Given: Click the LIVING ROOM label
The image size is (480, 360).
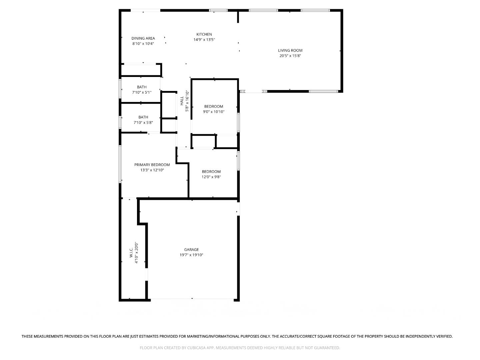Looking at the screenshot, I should tap(290, 51).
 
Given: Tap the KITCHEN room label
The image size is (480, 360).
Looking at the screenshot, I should tap(204, 34).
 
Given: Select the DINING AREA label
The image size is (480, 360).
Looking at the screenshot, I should tap(143, 38).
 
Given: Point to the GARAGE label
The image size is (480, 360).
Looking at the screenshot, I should tap(191, 250).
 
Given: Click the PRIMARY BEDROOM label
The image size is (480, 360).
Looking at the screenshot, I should tap(152, 165).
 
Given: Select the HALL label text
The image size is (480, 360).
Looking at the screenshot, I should tap(182, 101).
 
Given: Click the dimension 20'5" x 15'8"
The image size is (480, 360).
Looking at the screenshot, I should tap(290, 56).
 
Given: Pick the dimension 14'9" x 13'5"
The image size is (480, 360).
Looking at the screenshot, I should tap(204, 40).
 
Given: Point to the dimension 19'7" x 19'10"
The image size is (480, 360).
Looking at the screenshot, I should tap(191, 255).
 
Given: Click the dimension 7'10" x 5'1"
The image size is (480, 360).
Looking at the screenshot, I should tap(142, 92).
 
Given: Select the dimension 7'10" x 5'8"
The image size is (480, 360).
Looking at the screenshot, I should tap(143, 122).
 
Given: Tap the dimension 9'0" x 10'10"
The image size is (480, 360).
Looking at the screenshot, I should tap(214, 112).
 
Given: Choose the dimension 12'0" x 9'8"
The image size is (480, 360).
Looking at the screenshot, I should tap(211, 177).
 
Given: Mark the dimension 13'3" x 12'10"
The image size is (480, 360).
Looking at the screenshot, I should tap(152, 170).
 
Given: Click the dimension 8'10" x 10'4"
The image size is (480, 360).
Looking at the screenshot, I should tap(143, 44).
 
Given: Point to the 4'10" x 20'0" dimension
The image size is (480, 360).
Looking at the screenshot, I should tap(136, 253).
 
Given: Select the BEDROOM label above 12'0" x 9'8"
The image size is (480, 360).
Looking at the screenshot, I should tap(211, 172).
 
